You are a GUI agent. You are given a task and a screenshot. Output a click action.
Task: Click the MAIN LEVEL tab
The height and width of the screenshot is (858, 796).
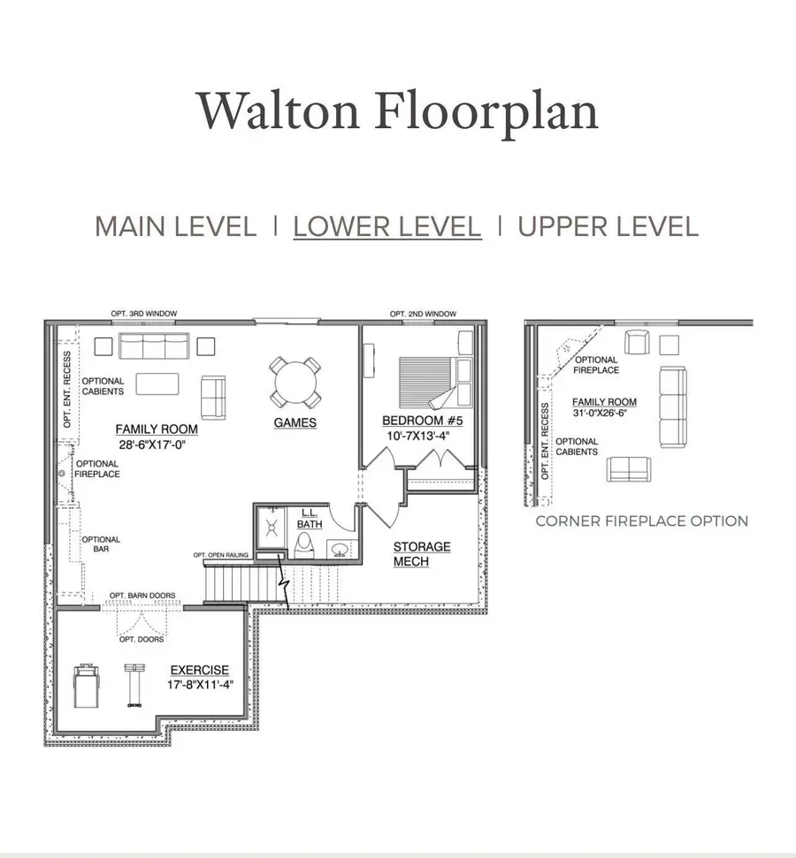tap(175, 226)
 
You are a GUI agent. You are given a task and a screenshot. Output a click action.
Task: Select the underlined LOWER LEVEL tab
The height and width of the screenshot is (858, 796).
tap(387, 226)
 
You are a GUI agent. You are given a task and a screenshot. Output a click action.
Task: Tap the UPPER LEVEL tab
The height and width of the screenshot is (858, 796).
tap(608, 226)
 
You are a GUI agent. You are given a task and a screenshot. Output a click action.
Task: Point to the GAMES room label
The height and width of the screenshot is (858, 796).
tap(295, 423)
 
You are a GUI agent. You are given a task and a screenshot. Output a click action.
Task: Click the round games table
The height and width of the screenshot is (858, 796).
tap(295, 381)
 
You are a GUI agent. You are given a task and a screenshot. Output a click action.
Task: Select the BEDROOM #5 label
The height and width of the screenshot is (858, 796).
tap(423, 421)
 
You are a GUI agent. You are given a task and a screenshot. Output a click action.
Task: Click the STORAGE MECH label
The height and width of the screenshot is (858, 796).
tap(422, 554)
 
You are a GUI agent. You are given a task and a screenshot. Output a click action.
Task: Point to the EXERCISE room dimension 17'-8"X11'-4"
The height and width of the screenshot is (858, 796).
tap(199, 684)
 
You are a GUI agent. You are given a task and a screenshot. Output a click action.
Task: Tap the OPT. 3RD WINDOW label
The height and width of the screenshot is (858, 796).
tap(143, 314)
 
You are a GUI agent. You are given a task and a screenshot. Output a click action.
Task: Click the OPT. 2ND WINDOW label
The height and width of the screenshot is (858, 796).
tap(424, 314)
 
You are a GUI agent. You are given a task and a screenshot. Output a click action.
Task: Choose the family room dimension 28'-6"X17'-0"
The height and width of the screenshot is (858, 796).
tap(157, 444)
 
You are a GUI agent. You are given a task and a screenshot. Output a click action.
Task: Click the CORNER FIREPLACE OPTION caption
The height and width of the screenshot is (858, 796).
tap(641, 521)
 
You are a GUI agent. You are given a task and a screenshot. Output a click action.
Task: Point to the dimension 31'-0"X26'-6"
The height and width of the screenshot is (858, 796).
tap(604, 414)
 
